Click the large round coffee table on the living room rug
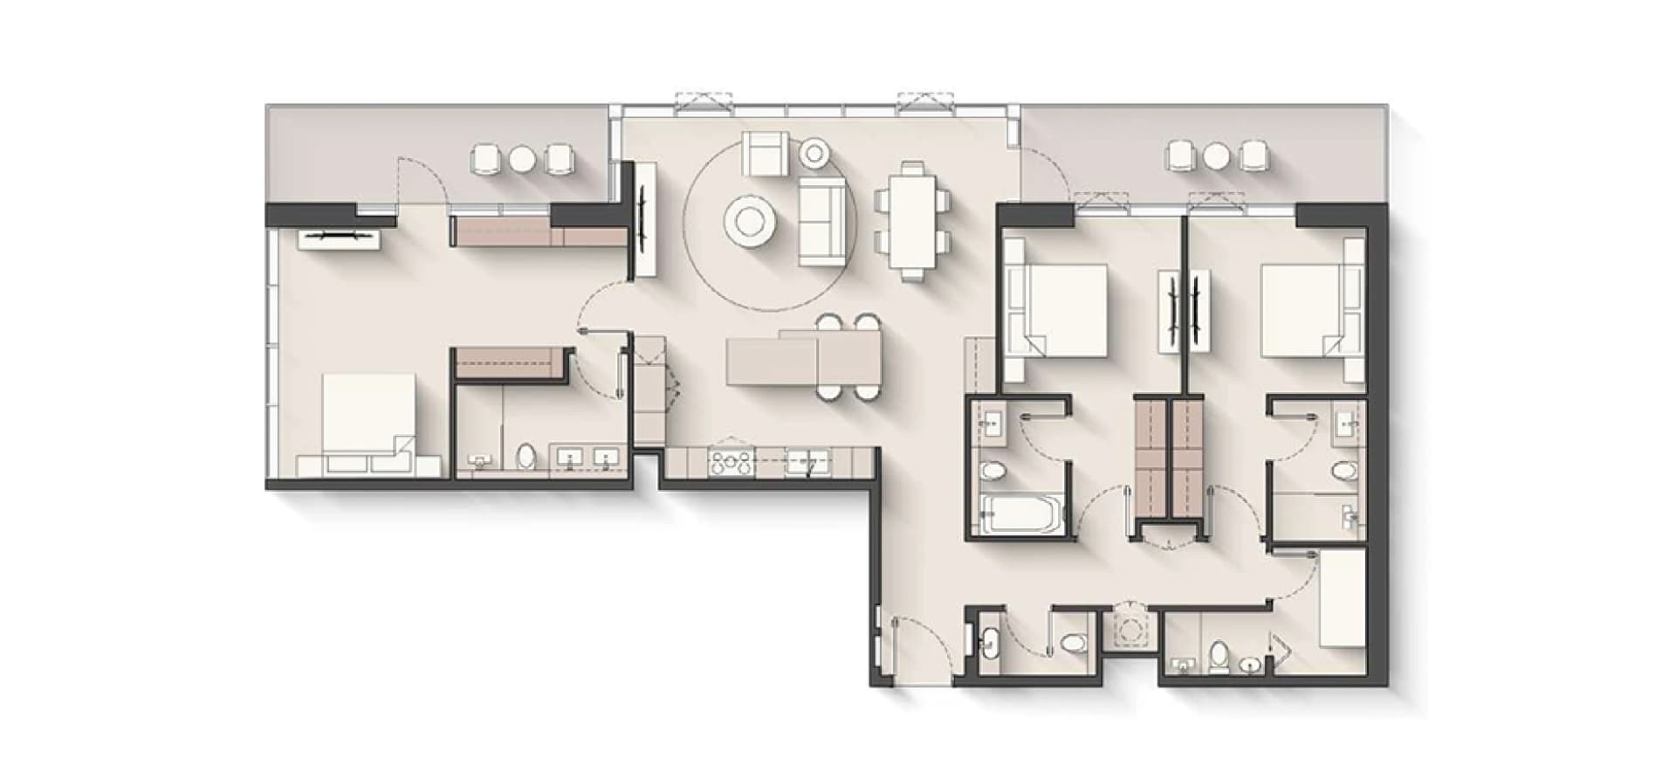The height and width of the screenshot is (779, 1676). point(749,222)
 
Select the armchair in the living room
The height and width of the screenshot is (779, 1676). point(765,154)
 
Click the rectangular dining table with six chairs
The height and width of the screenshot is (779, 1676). point(912,220)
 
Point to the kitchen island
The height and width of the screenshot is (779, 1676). point(803,361)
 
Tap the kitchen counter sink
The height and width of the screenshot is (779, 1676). point(807,462)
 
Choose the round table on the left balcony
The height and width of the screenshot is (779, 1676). point(521,158)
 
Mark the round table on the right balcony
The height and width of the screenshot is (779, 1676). point(1216,155)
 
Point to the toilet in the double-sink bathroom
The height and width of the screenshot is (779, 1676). point(525,456)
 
